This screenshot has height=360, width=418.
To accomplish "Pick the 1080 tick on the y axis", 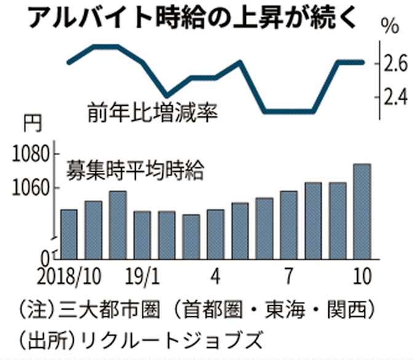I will point(30,153).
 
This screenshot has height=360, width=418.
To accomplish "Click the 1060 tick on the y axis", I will point(30,188).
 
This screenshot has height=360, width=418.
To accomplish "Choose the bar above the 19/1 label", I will point(142,238).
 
